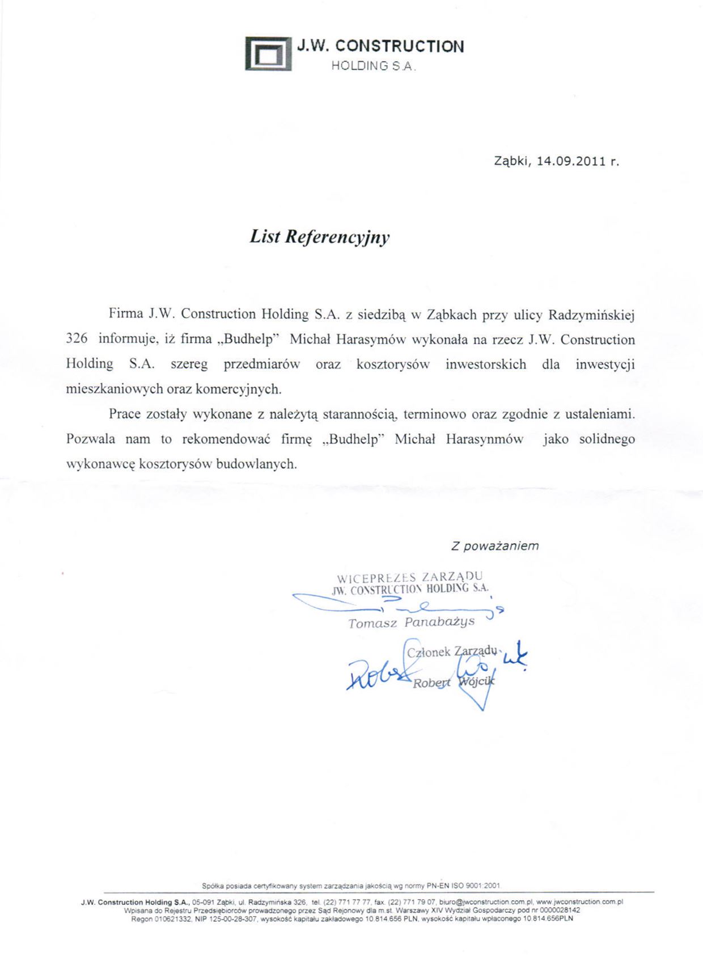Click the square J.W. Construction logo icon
[268, 54]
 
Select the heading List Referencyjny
[320, 236]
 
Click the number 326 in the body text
[77, 339]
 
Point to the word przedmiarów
[261, 364]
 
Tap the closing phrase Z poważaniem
[494, 546]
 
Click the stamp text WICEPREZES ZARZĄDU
[409, 578]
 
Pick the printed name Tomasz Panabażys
[411, 623]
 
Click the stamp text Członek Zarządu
[451, 651]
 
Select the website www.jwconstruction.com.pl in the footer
[579, 901]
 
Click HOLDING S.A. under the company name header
[373, 66]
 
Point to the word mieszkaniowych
[115, 389]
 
